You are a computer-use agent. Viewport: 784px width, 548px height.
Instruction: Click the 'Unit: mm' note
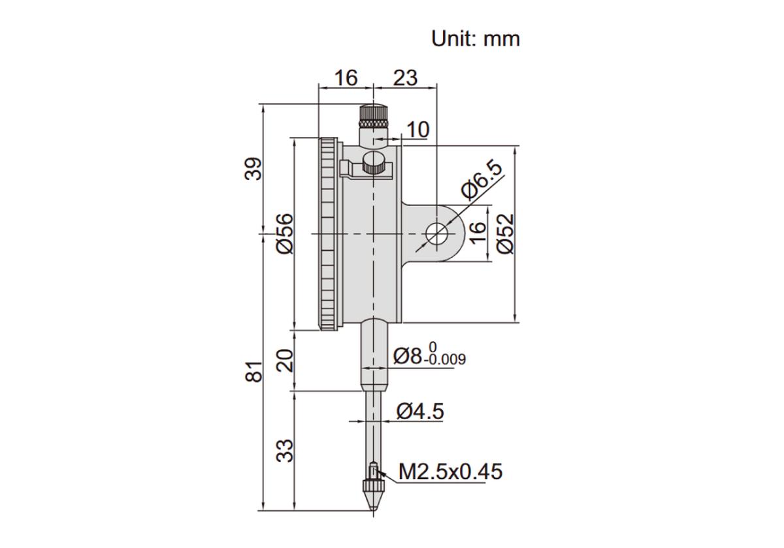coord(476,38)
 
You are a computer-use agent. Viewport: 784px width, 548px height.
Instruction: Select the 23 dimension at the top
coord(405,78)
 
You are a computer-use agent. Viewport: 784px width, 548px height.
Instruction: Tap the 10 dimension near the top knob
coord(418,130)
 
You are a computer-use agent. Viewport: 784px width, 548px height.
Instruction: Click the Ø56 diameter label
coord(284,233)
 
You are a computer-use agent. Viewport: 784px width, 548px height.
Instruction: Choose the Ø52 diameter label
coord(506,233)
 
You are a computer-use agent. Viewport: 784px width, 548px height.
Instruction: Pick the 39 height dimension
coord(253,169)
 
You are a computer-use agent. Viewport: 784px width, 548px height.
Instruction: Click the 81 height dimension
coord(253,372)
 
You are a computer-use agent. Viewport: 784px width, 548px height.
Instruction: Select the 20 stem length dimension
coord(284,360)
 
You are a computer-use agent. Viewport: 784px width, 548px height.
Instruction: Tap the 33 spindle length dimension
coord(284,451)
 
